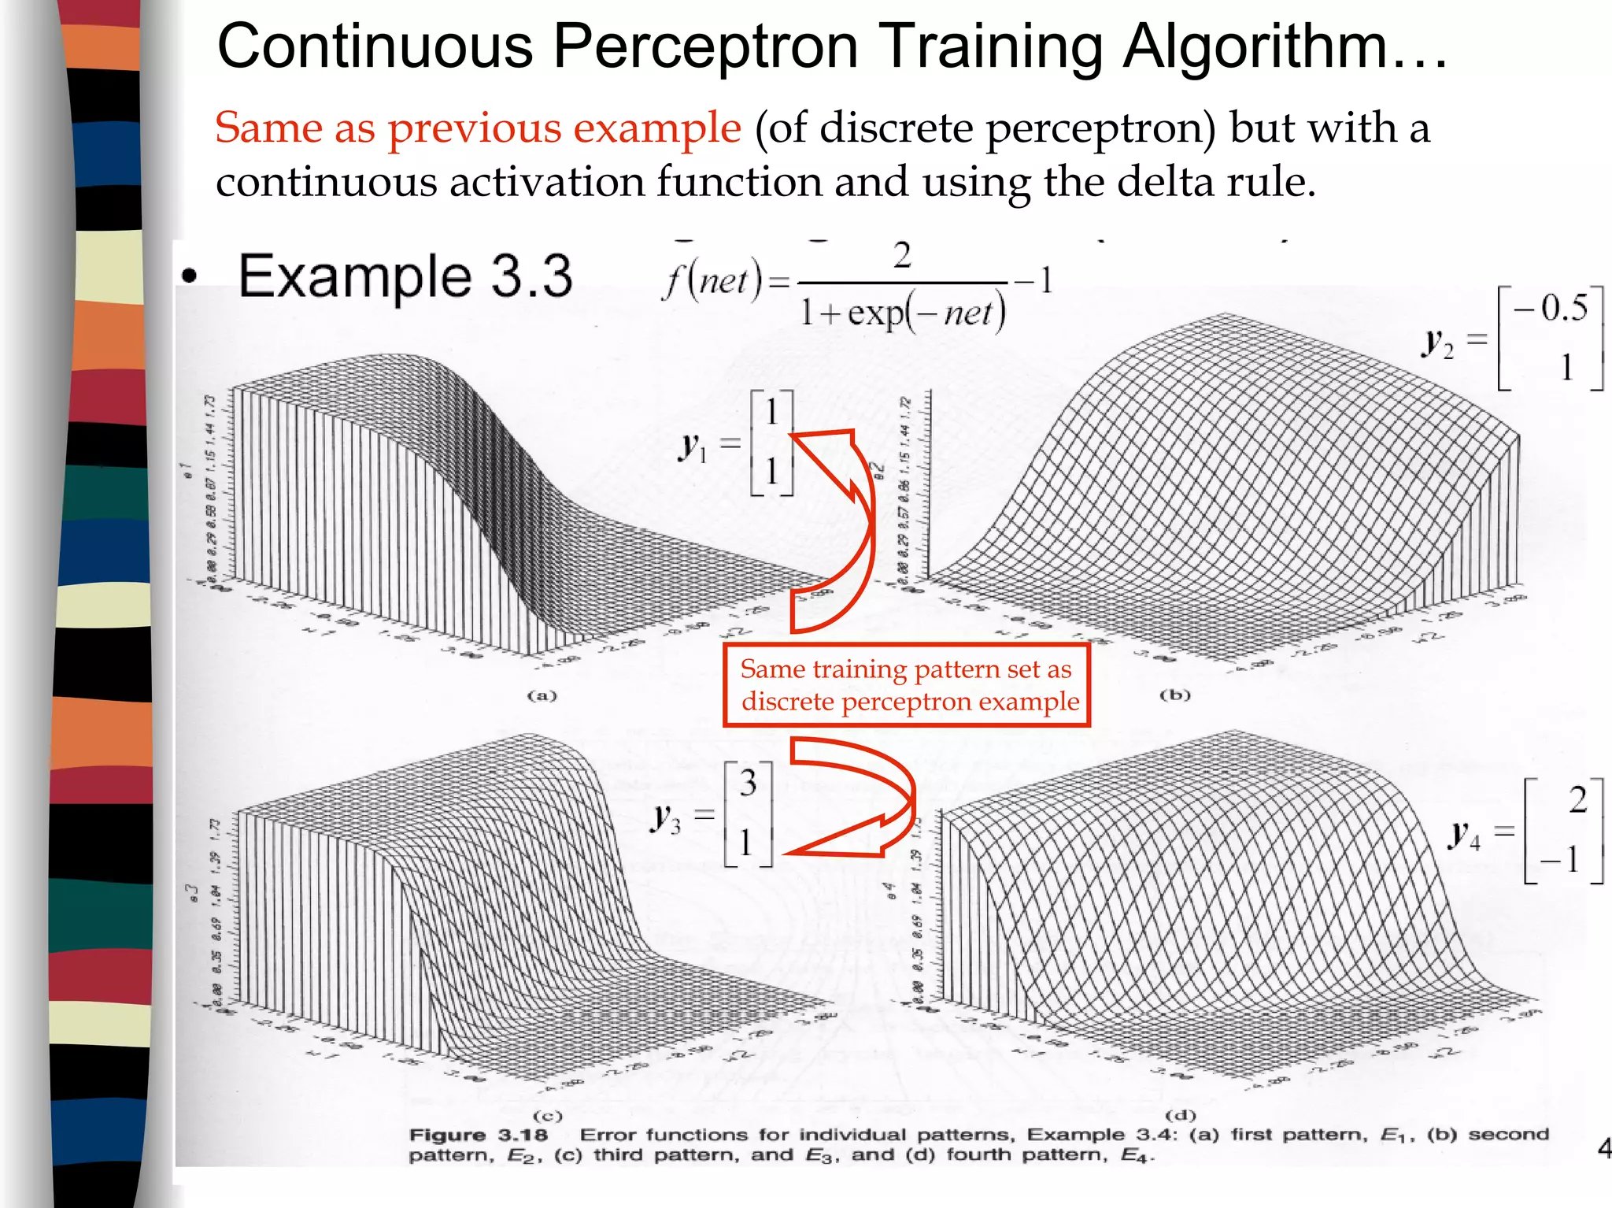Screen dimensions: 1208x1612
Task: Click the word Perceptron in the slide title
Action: [x=704, y=47]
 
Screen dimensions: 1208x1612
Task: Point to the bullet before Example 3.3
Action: [x=189, y=276]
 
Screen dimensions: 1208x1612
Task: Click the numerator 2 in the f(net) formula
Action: [x=902, y=257]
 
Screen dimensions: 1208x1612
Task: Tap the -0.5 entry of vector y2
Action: [x=1551, y=308]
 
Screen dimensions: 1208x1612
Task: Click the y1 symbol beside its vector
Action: [x=693, y=447]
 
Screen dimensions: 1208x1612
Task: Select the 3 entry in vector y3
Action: [x=748, y=783]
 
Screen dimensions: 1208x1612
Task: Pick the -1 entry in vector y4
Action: [x=1562, y=859]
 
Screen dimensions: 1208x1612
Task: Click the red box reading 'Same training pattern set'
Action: [x=907, y=684]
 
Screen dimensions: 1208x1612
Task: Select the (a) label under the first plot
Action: [x=542, y=695]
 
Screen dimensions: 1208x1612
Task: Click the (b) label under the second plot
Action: [x=1175, y=695]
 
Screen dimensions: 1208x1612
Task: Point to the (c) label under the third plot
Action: [x=547, y=1115]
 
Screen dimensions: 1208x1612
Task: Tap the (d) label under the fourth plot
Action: [x=1181, y=1114]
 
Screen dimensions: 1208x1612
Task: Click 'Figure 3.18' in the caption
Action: [x=478, y=1135]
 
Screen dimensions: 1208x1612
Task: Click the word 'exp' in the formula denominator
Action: [x=874, y=313]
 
